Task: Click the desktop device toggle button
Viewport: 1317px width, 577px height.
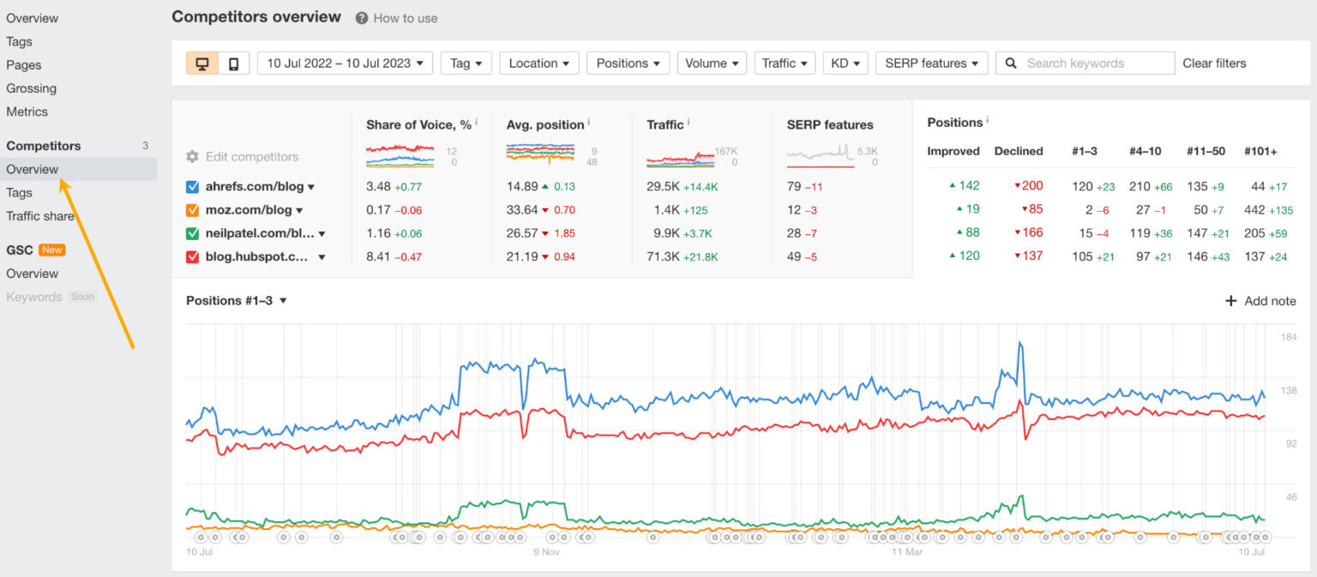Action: (202, 63)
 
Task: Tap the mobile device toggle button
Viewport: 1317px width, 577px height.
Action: (233, 63)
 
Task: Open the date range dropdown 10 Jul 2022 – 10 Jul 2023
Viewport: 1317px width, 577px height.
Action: (345, 63)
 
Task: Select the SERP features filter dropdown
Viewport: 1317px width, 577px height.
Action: (931, 63)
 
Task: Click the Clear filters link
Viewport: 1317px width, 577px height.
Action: (1214, 63)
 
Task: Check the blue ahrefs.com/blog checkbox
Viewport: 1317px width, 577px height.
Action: (192, 187)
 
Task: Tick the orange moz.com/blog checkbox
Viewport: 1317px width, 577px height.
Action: (192, 210)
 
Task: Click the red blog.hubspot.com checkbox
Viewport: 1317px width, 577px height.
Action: (192, 256)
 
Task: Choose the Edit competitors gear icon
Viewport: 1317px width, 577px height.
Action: (192, 157)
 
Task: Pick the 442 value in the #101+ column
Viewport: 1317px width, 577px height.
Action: (1254, 210)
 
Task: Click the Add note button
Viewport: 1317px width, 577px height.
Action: (1260, 301)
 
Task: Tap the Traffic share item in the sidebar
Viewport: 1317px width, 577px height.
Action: (40, 216)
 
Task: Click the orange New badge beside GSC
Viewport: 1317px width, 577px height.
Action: (52, 250)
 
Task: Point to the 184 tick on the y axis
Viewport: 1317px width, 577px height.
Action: (1288, 337)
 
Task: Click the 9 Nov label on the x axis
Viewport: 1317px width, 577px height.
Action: (546, 552)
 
